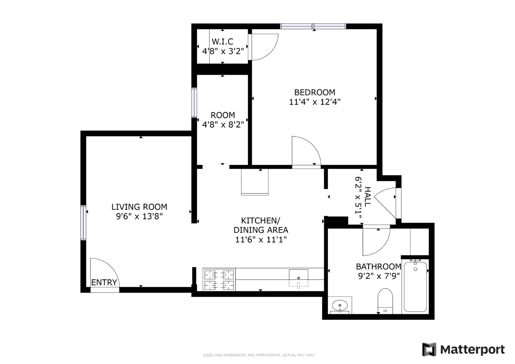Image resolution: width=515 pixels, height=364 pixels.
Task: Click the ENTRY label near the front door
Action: (x=104, y=282)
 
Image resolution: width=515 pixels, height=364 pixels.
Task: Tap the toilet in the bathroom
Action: (x=385, y=300)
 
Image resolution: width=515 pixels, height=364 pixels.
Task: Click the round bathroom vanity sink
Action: (x=340, y=305)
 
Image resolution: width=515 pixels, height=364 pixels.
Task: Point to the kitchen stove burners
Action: (x=219, y=280)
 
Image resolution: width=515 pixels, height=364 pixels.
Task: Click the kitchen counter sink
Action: (x=298, y=278)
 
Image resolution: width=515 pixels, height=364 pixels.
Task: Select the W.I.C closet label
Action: (x=222, y=41)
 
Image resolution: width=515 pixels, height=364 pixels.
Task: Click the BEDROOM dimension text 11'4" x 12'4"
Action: (x=314, y=102)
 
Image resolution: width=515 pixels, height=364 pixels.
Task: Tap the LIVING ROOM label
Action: (x=139, y=207)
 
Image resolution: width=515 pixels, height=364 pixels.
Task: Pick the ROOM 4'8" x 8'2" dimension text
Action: (x=223, y=124)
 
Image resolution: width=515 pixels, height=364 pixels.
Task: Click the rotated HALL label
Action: (x=367, y=196)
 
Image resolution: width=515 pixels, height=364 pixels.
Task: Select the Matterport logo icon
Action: (x=429, y=349)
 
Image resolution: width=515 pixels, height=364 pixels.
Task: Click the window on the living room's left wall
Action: (x=83, y=223)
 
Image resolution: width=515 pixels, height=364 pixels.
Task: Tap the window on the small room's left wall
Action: (x=194, y=103)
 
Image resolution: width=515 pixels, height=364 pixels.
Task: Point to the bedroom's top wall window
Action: (x=313, y=26)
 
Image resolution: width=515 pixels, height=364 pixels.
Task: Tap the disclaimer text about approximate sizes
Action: (x=258, y=355)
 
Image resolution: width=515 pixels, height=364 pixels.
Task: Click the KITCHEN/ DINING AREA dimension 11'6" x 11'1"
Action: (x=261, y=240)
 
